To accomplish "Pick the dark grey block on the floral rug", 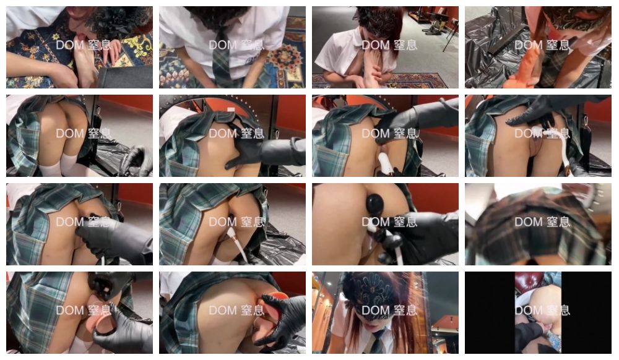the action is click(125, 77).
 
